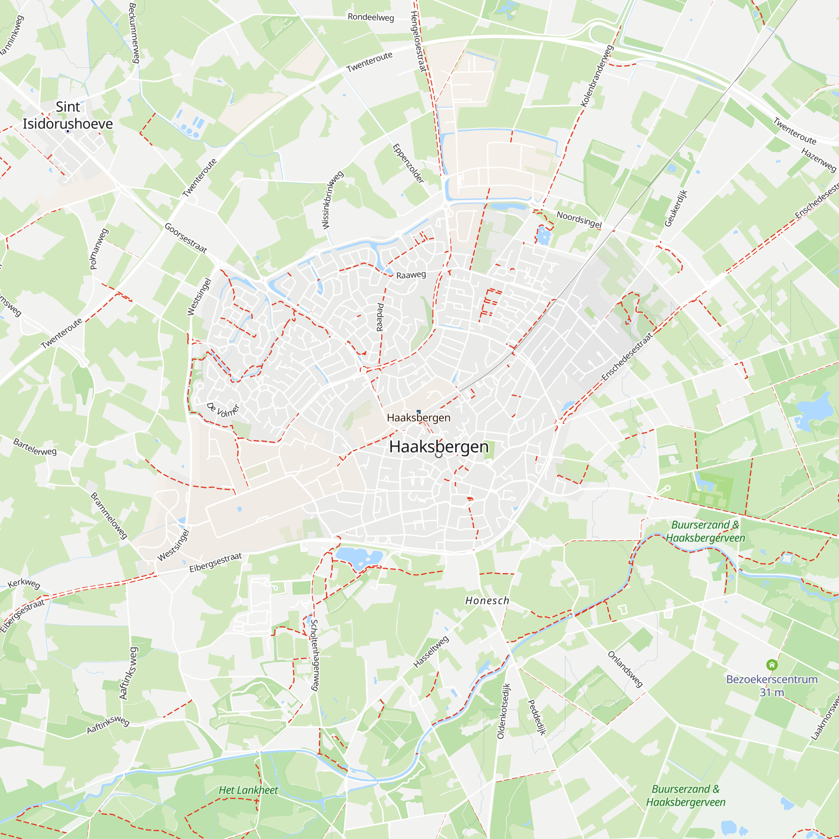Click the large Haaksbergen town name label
(439, 446)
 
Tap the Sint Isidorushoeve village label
(68, 115)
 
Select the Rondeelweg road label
(370, 17)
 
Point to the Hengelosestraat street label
(418, 41)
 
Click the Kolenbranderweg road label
(597, 76)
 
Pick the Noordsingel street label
(579, 220)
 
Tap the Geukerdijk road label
(676, 208)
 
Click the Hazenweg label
(818, 160)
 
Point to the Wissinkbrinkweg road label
(332, 200)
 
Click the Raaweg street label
(411, 275)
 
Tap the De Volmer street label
(223, 409)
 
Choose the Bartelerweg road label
(35, 447)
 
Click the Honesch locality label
(487, 601)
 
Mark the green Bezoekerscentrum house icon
(772, 665)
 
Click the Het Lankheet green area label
(248, 790)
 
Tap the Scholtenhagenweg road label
(314, 655)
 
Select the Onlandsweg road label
(625, 669)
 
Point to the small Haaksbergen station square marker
(418, 411)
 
